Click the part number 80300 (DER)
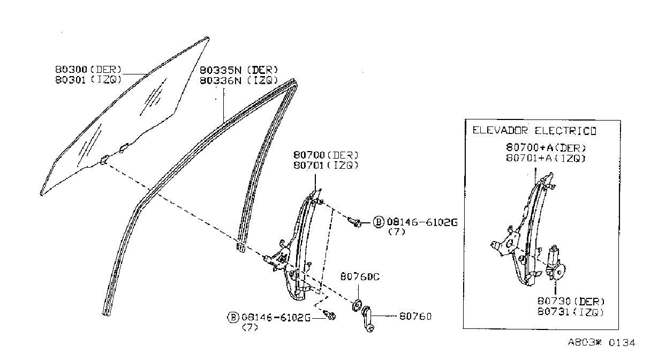[88, 70]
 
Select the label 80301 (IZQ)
[88, 80]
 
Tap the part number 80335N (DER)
[239, 70]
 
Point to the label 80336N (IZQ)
[239, 80]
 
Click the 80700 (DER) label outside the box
[326, 155]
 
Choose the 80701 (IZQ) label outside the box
[326, 165]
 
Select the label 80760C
[360, 276]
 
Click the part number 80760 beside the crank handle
[415, 317]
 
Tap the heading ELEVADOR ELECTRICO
[534, 131]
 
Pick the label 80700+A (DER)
[546, 147]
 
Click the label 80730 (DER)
[571, 301]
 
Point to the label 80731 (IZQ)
[571, 311]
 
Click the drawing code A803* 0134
[601, 342]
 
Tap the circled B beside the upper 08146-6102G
[379, 222]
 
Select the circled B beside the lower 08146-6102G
[233, 317]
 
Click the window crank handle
[368, 319]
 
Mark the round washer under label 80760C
[357, 306]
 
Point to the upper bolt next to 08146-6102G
[354, 222]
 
